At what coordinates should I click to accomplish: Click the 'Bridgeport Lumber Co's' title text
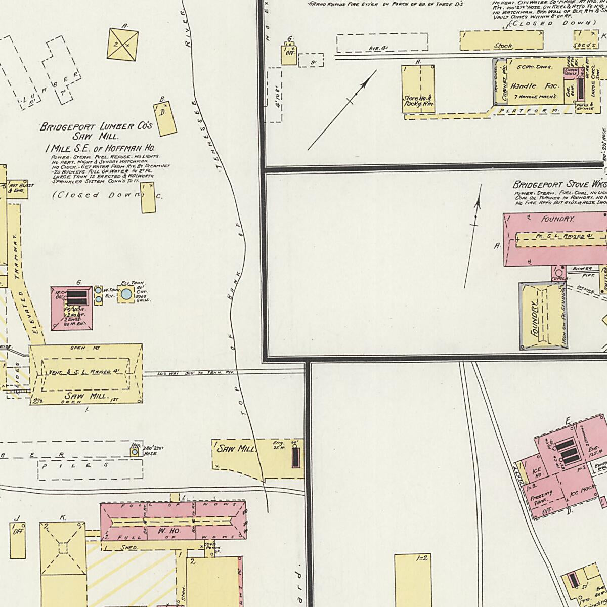click(96, 127)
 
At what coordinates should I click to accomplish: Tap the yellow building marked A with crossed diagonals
click(122, 44)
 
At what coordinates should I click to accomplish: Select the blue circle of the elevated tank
click(126, 294)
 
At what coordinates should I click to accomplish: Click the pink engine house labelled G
click(71, 309)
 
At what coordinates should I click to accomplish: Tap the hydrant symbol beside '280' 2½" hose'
click(135, 452)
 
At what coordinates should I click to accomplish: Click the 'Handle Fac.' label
click(530, 86)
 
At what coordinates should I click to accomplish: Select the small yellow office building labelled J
click(18, 539)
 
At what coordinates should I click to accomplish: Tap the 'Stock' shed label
click(503, 46)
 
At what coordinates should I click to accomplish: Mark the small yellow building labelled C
click(147, 198)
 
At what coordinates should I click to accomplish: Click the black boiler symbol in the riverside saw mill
click(295, 457)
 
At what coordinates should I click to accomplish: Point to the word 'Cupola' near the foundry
click(559, 278)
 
